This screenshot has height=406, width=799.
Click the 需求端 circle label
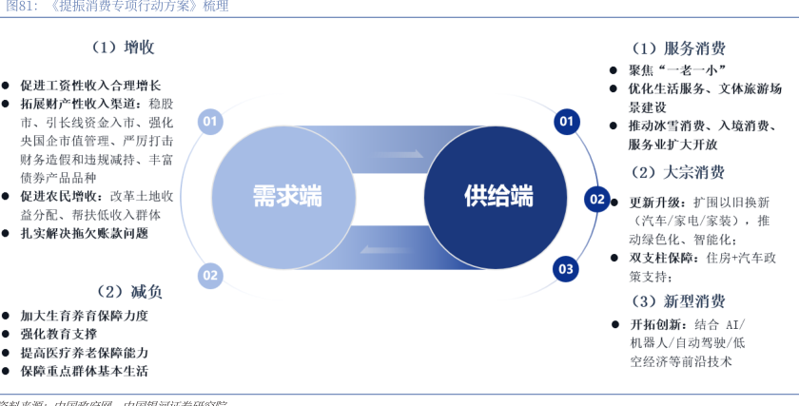(x=286, y=197)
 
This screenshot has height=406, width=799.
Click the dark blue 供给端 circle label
(x=497, y=197)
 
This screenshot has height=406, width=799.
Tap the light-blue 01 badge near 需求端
(x=210, y=121)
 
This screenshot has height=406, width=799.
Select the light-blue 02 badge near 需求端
(x=210, y=276)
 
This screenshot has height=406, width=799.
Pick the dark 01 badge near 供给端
(x=567, y=121)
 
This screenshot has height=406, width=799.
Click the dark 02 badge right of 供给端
(x=597, y=199)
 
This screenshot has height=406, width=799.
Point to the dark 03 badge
(x=567, y=268)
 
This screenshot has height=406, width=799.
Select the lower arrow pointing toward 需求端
(x=390, y=250)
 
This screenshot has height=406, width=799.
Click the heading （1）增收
(x=124, y=47)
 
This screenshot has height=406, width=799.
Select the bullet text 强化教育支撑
(x=58, y=334)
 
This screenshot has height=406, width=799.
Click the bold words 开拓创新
(x=655, y=324)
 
